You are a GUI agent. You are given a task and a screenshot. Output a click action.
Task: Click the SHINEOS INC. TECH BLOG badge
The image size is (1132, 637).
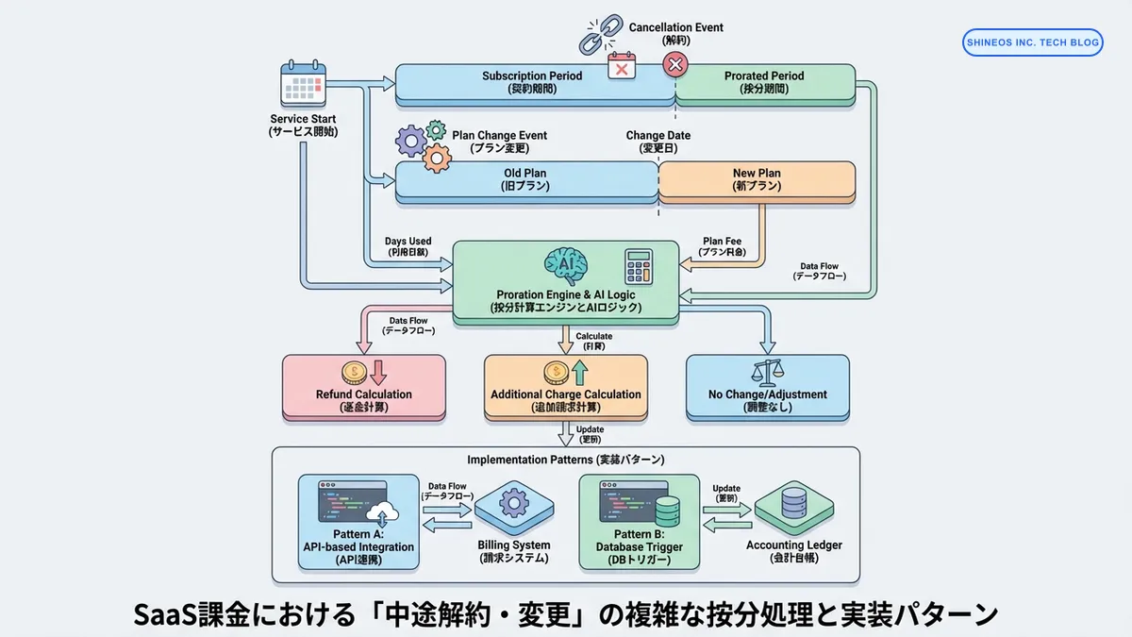1032,42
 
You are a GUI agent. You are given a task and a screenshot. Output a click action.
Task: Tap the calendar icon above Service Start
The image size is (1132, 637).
304,85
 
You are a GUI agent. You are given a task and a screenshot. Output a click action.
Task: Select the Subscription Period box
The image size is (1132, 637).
532,82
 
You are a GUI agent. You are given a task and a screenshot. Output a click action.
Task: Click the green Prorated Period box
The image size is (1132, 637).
764,82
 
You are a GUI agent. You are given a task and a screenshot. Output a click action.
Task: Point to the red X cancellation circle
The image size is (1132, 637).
675,64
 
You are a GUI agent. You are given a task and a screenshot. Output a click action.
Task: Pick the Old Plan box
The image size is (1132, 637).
524,179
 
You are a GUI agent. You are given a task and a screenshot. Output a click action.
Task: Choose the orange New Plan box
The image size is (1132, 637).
757,179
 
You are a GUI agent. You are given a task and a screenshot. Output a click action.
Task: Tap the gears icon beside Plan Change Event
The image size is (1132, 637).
423,145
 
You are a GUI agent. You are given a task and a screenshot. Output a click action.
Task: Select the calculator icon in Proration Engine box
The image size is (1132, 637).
639,267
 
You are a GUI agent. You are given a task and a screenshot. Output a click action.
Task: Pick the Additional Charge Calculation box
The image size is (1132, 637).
566,387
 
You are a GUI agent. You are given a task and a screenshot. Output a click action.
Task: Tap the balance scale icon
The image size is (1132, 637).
766,372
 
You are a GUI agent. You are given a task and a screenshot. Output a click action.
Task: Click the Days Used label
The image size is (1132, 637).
408,247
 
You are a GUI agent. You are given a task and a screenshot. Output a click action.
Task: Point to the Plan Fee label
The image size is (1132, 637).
722,247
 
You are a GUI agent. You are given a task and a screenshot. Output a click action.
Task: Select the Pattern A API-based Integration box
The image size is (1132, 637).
359,522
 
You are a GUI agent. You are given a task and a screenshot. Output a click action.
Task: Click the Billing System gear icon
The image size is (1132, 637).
514,502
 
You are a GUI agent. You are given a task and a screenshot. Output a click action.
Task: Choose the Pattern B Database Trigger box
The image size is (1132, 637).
640,522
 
